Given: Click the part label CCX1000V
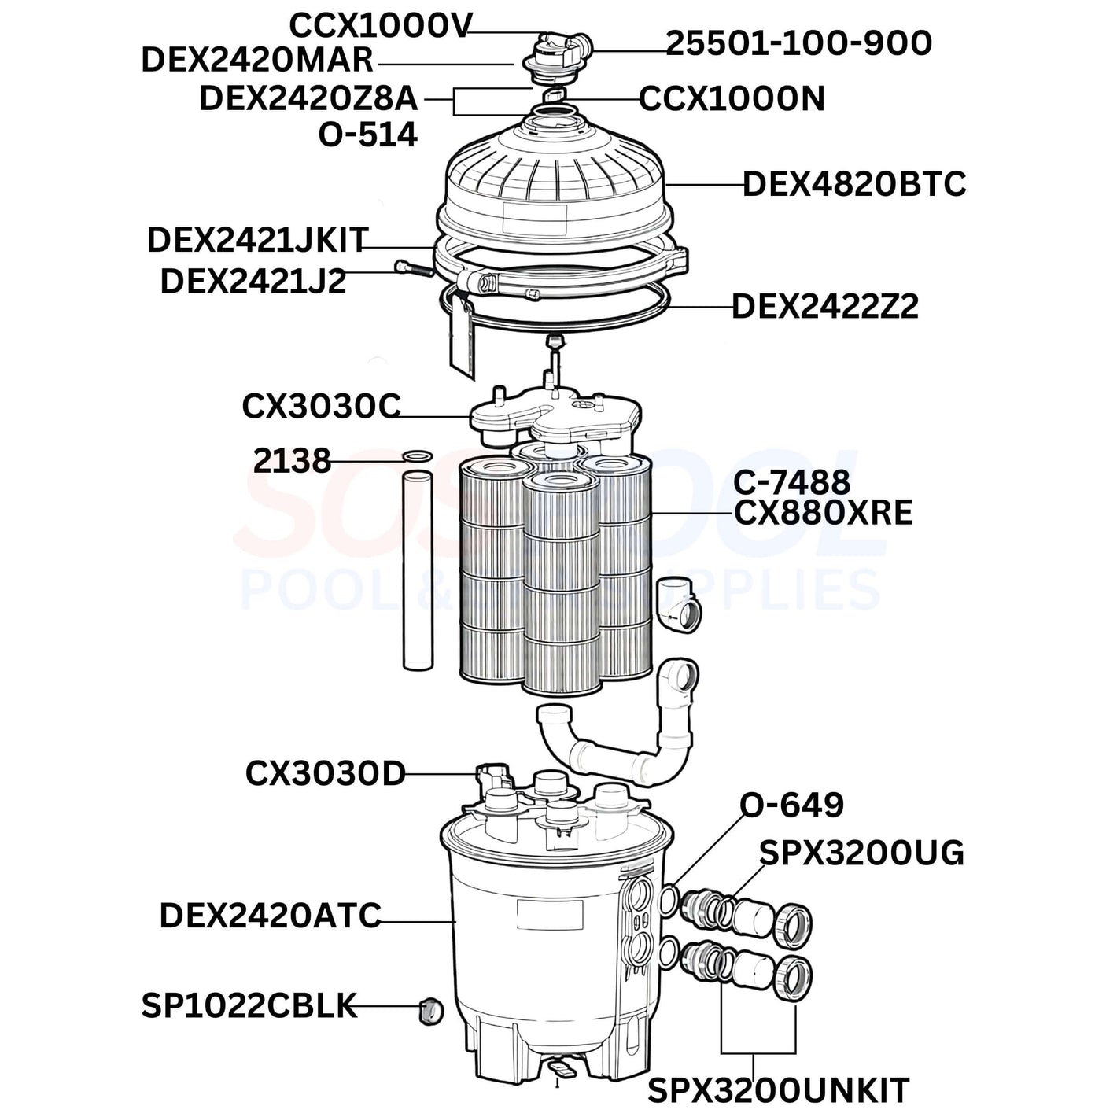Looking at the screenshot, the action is click(381, 26).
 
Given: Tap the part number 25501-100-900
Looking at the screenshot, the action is click(798, 43).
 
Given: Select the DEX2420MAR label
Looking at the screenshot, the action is click(257, 61).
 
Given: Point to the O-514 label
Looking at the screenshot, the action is click(368, 135).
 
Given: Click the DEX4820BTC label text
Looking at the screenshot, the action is click(854, 184).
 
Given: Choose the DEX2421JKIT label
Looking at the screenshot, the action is click(258, 240).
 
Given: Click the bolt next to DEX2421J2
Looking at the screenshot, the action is click(413, 268).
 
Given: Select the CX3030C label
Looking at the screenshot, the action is click(321, 407).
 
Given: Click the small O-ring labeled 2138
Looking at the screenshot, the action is click(417, 457).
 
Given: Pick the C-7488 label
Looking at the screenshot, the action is click(792, 481).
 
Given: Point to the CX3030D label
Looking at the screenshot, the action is click(325, 774).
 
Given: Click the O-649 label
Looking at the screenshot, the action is click(792, 805).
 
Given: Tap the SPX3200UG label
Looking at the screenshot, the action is click(862, 853).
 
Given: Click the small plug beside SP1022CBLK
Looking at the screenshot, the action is click(431, 1012).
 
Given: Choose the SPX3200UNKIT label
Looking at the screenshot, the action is click(779, 1089).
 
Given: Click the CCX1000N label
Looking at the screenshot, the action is click(732, 99).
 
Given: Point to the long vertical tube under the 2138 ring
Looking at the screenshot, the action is click(418, 572).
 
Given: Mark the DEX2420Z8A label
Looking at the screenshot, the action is click(308, 98).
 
